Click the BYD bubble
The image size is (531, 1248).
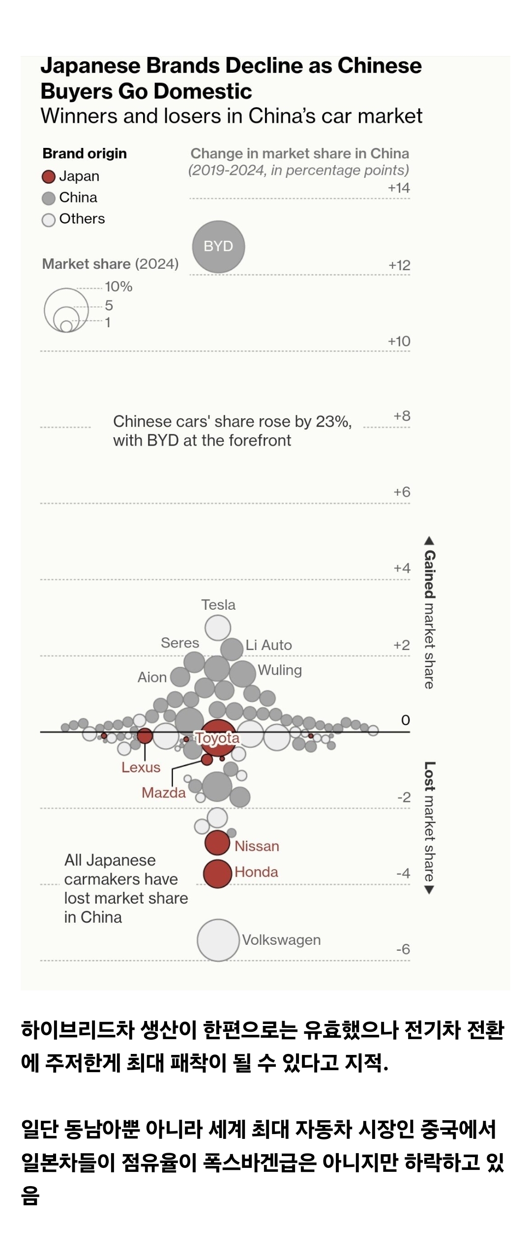tap(218, 247)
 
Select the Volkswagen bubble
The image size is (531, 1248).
tap(218, 940)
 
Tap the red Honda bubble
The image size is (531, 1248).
tap(217, 874)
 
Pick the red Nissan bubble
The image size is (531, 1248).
tap(217, 843)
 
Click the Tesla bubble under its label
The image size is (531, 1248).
tap(218, 628)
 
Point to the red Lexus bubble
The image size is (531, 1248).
tap(145, 736)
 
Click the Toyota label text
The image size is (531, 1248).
tap(217, 737)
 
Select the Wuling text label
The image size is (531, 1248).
tap(280, 670)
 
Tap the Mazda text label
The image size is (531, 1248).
tap(164, 793)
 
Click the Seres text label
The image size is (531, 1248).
tap(180, 643)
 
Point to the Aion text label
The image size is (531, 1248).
tap(152, 677)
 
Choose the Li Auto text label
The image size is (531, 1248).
tap(268, 645)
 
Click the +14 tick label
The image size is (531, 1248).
tap(399, 188)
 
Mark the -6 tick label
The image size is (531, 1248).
tap(403, 949)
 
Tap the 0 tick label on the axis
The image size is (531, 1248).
tap(405, 720)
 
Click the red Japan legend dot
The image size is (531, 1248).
tap(48, 177)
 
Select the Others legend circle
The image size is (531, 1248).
tap(48, 220)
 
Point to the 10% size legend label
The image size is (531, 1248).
tap(118, 286)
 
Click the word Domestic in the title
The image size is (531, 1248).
tap(203, 91)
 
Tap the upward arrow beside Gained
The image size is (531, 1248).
tap(429, 541)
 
